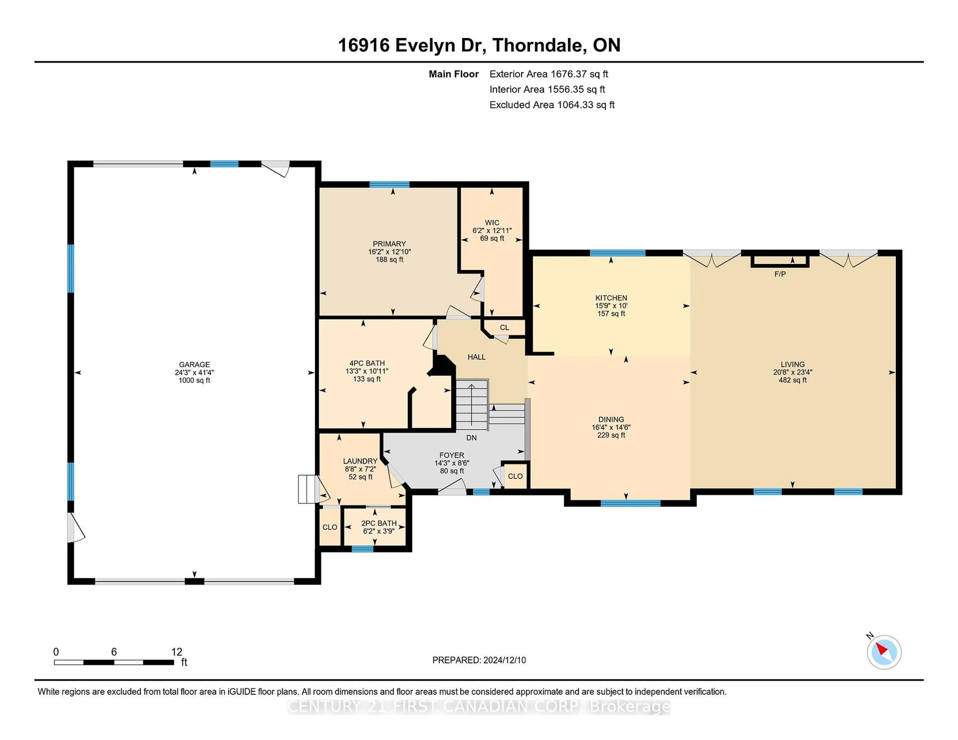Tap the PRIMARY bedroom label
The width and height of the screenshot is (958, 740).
pyautogui.click(x=389, y=244)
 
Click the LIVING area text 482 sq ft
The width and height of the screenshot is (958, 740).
pyautogui.click(x=793, y=380)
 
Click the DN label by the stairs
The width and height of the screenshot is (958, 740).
pyautogui.click(x=471, y=438)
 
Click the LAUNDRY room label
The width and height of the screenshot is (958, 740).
pyautogui.click(x=360, y=461)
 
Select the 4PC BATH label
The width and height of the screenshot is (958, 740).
pyautogui.click(x=367, y=363)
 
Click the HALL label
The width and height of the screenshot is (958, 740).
pyautogui.click(x=476, y=357)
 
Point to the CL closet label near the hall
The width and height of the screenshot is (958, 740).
pyautogui.click(x=504, y=327)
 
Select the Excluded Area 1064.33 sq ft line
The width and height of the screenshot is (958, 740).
pyautogui.click(x=552, y=105)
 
